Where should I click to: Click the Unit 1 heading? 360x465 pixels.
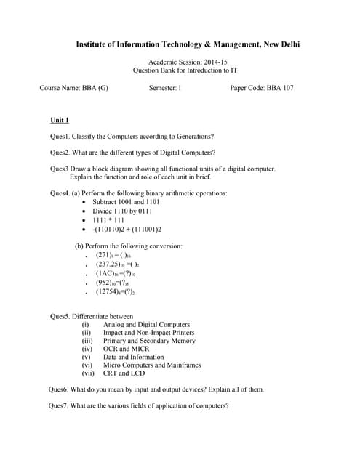pyautogui.click(x=60, y=120)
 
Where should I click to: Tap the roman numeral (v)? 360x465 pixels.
pyautogui.click(x=87, y=357)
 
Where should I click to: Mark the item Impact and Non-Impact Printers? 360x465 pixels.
pyautogui.click(x=148, y=332)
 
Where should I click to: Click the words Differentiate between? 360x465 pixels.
pyautogui.click(x=102, y=316)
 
